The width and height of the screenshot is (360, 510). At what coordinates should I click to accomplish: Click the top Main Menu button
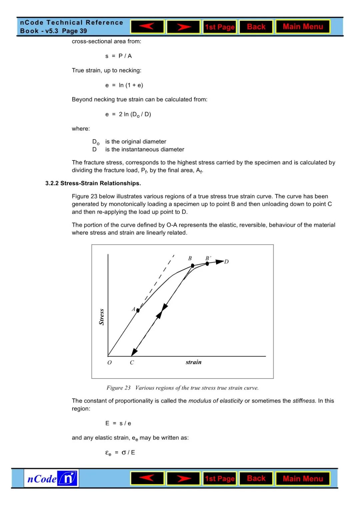[x=303, y=27]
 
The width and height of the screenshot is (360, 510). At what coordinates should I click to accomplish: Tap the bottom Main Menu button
[x=303, y=479]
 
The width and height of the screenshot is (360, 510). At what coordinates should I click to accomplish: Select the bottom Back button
[x=256, y=479]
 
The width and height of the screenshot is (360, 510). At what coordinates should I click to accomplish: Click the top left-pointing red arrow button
[x=147, y=27]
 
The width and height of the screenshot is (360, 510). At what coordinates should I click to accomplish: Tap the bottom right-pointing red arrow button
[x=184, y=479]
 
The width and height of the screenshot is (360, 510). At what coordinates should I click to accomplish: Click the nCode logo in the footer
[x=51, y=479]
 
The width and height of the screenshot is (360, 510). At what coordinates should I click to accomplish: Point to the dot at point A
[x=138, y=311]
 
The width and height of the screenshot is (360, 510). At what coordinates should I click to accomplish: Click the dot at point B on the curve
[x=193, y=266]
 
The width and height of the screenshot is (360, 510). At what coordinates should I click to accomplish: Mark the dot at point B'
[x=207, y=264]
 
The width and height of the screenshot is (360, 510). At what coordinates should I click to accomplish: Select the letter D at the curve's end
[x=227, y=262]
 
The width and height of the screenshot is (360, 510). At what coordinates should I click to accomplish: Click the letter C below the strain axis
[x=132, y=363]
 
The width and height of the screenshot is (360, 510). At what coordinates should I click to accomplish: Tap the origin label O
[x=109, y=363]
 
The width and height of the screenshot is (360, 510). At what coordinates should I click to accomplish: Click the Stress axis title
[x=102, y=317]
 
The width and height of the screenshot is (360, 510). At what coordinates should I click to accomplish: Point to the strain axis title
[x=193, y=362]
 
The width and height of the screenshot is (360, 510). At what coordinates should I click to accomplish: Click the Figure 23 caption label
[x=118, y=388]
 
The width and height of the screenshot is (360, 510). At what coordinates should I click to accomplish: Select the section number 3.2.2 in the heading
[x=52, y=183]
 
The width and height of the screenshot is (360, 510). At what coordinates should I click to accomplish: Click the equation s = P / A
[x=118, y=56]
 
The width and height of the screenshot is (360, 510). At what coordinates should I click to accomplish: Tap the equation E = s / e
[x=118, y=423]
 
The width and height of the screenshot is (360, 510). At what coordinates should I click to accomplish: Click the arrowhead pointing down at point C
[x=134, y=352]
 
